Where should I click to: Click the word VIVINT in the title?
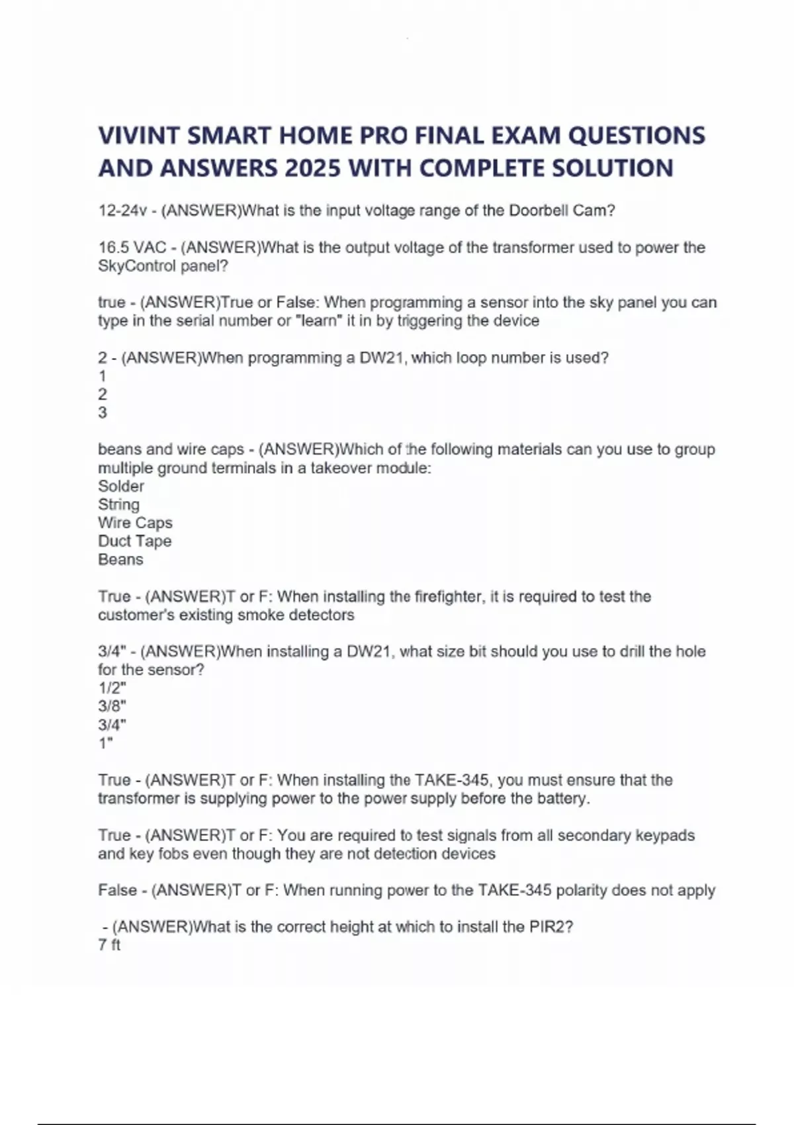(139, 136)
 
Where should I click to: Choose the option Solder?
(120, 486)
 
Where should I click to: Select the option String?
(118, 504)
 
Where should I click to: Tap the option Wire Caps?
(135, 523)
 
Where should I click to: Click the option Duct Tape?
(134, 541)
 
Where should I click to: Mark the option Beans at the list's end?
(120, 560)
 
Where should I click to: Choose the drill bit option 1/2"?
(112, 688)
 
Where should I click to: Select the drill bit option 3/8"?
(112, 706)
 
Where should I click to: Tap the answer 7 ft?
(109, 945)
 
